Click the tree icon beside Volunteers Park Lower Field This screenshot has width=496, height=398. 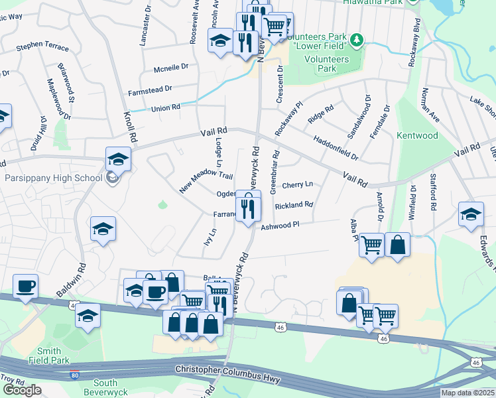357,40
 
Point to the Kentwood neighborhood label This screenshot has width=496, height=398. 417,135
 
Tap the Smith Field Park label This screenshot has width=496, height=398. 50,356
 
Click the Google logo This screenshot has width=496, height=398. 22,390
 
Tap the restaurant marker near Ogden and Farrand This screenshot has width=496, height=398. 248,208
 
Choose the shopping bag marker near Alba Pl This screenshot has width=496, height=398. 397,245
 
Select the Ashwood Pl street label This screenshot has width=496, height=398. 280,226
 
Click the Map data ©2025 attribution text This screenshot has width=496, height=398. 467,393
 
